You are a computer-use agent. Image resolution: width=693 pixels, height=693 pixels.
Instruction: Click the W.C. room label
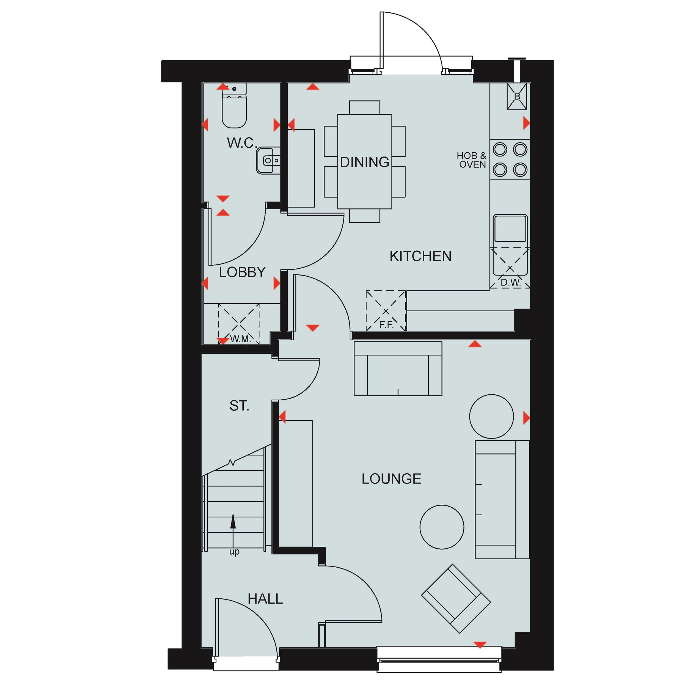(x=242, y=143)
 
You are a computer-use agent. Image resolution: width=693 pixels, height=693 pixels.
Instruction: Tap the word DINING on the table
(x=364, y=162)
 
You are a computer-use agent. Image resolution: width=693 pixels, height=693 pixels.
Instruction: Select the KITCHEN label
(x=420, y=256)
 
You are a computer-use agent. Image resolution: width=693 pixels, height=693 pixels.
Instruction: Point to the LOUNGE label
(x=391, y=479)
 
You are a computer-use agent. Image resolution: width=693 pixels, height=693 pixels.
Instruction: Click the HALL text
(x=265, y=599)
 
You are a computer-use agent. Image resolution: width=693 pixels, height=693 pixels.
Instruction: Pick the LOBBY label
(x=242, y=272)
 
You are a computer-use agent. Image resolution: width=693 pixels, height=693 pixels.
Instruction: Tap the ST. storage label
(x=239, y=406)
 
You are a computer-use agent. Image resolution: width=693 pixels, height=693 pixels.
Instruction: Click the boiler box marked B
(x=517, y=97)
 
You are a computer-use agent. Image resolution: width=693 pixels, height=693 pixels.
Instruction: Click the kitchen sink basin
(x=510, y=229)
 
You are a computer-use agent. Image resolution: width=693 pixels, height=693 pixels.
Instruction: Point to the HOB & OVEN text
(x=472, y=160)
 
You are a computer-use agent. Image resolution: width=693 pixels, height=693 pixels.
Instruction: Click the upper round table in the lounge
(x=491, y=416)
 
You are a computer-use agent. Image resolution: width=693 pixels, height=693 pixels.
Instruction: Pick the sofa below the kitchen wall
(x=398, y=369)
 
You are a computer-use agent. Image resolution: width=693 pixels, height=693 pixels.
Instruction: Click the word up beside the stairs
(x=234, y=552)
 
